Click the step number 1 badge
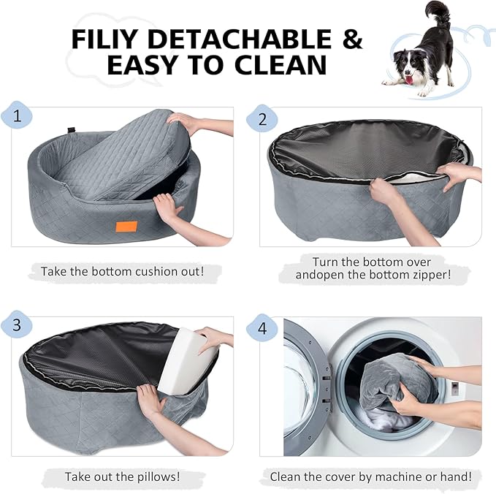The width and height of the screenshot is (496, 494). pos(16,117)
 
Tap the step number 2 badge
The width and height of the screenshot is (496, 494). pos(262,117)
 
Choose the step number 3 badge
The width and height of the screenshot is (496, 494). pos(16,327)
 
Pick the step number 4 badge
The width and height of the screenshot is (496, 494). pos(262,327)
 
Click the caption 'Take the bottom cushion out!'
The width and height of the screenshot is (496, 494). pos(121,271)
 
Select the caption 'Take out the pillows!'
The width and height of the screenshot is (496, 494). pos(122,476)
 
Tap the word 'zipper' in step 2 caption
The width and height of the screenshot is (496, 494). pos(429,275)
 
